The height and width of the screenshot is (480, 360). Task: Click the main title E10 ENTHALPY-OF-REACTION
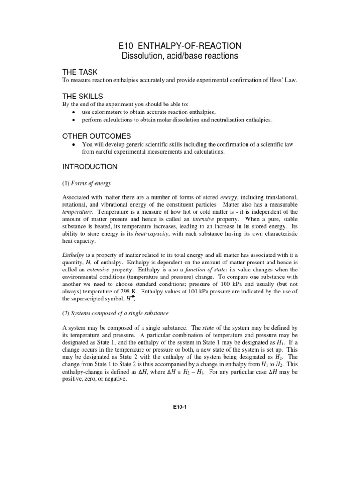pyautogui.click(x=180, y=45)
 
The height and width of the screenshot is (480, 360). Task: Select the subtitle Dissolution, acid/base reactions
pyautogui.click(x=180, y=56)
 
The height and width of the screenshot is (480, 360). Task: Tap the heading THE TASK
pyautogui.click(x=80, y=72)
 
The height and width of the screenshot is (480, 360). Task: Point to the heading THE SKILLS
pyautogui.click(x=82, y=96)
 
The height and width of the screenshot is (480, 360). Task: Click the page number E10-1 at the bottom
pyautogui.click(x=180, y=407)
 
